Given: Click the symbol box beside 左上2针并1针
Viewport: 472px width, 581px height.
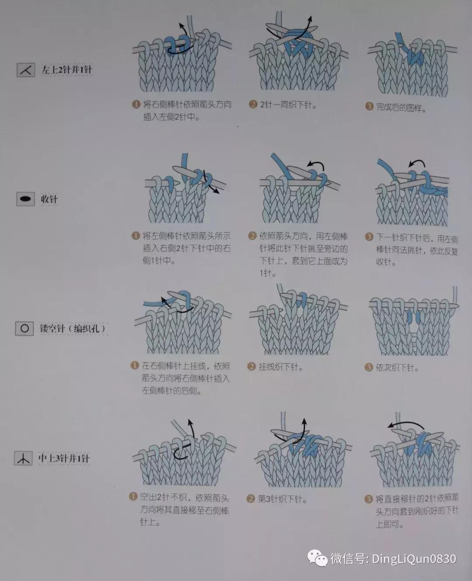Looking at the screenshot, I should click(x=26, y=70).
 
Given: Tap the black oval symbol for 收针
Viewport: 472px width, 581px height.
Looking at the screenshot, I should click(x=25, y=199).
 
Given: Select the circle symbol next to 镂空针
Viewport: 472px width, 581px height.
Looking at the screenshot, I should click(x=24, y=328).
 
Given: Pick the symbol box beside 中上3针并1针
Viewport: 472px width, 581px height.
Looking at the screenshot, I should click(x=23, y=458).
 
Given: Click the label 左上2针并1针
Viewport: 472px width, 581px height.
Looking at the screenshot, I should click(x=67, y=70).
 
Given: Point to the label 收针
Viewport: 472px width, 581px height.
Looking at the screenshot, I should click(x=49, y=199).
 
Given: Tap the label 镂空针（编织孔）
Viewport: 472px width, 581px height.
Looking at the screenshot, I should click(x=73, y=329).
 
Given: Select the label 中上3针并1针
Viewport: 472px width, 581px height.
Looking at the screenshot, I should click(x=64, y=458).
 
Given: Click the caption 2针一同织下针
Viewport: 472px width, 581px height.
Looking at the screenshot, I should click(x=288, y=105).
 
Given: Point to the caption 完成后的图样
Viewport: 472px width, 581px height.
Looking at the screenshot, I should click(x=401, y=107).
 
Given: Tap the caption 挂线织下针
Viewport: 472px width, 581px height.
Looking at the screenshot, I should click(x=281, y=367).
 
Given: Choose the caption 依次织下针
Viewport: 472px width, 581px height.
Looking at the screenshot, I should click(x=397, y=368).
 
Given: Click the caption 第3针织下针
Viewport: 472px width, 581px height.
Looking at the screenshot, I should click(x=282, y=498).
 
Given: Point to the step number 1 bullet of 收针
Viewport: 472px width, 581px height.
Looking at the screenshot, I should click(x=135, y=236).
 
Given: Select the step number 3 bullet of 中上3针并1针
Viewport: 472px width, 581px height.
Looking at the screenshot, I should click(x=368, y=498).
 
